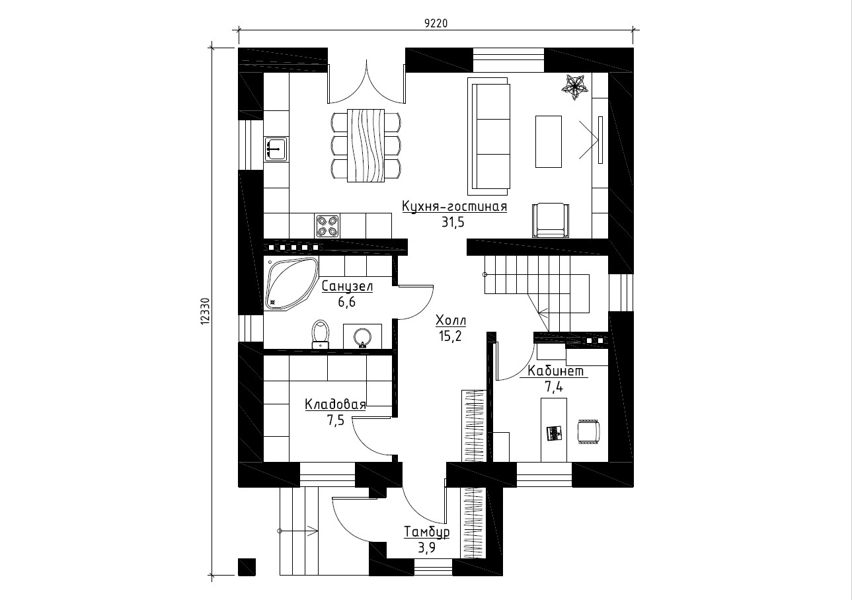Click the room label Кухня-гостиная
pos(454,207)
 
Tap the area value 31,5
pos(453,223)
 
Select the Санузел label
pos(347,286)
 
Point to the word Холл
pos(450,321)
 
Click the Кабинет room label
pos(556,371)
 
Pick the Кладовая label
pos(334,404)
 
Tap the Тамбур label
pos(427,532)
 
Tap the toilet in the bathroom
pos(321,334)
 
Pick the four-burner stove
pos(328,226)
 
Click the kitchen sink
pos(276,149)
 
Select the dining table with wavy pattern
pos(366,145)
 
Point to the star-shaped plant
pos(575,87)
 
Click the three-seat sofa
pos(489,136)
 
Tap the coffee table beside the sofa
pos(548,142)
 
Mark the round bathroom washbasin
pos(362,337)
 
